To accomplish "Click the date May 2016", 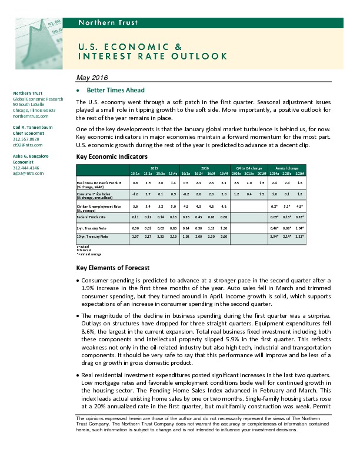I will (x=92, y=79).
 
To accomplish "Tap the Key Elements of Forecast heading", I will (x=113, y=268).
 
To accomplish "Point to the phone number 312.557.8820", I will (x=27, y=139).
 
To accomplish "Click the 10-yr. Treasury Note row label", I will (x=93, y=236).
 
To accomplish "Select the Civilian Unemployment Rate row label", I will (x=98, y=206).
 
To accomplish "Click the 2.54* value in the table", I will (x=274, y=236).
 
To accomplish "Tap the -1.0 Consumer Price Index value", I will (x=135, y=193).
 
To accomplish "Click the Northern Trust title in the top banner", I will (x=108, y=23).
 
